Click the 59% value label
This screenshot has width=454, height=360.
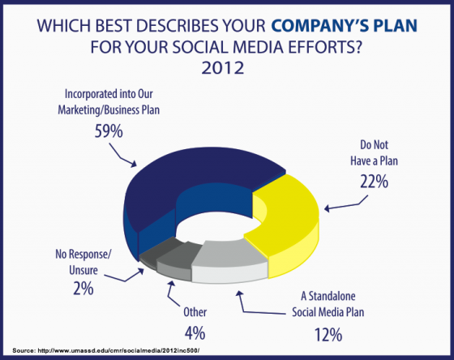(109, 132)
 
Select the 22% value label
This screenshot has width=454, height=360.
(374, 182)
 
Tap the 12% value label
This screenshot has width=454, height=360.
(328, 335)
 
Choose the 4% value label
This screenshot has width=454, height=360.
(195, 333)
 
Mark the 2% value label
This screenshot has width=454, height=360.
(84, 289)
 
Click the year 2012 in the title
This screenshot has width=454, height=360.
(223, 68)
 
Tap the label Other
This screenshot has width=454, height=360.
(195, 312)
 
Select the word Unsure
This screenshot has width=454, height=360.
(84, 270)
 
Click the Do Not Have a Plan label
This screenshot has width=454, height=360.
(374, 152)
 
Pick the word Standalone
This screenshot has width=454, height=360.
(332, 296)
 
